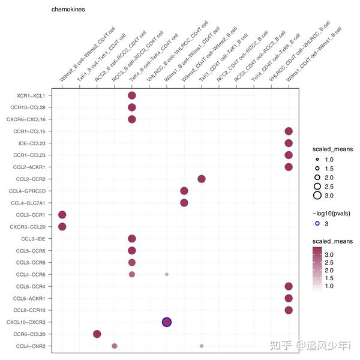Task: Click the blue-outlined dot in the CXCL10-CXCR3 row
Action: (x=167, y=322)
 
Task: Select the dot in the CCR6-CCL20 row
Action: (x=97, y=334)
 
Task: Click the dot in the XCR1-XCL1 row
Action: (x=132, y=95)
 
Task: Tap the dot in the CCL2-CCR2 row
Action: (x=202, y=179)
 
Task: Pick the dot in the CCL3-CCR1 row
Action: (x=62, y=215)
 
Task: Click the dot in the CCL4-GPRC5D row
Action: (x=184, y=191)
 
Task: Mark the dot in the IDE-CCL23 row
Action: (x=289, y=143)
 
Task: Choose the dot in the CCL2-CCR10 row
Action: (x=289, y=310)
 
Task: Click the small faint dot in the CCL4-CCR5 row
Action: (x=167, y=274)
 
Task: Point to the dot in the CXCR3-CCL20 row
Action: (x=62, y=227)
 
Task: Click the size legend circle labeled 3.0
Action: (x=317, y=195)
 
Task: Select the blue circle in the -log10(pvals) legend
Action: (x=317, y=224)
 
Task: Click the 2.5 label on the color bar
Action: (x=329, y=262)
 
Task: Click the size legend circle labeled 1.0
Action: (x=317, y=159)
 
